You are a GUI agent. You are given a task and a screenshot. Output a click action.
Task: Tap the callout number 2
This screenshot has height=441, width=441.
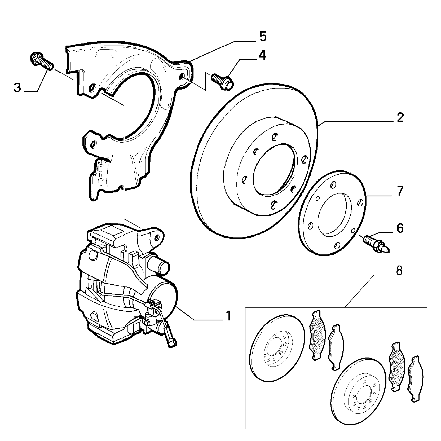tap(400, 117)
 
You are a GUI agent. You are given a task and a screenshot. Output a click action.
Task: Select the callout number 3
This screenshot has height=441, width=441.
tap(17, 87)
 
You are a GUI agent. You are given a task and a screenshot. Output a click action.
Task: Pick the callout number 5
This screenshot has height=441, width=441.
tap(262, 37)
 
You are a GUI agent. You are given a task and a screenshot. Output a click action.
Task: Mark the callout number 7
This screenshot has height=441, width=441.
tap(400, 191)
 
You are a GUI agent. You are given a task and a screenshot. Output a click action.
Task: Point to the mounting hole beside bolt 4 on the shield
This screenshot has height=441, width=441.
tap(181, 77)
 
